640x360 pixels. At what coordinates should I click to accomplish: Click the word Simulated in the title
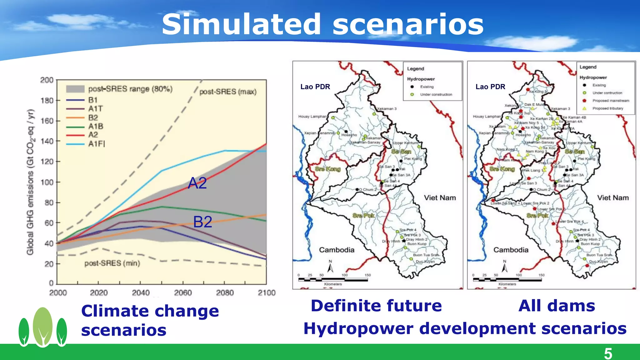pos(241,24)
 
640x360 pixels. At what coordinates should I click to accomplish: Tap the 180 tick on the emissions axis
pos(47,101)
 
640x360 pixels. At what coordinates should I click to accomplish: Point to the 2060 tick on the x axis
pos(183,293)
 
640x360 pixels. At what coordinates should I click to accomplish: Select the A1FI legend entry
pos(97,144)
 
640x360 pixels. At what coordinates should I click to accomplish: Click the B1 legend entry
pos(93,100)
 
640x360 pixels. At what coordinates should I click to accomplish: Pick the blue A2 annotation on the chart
pos(197,183)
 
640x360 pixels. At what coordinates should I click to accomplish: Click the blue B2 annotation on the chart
pos(202,222)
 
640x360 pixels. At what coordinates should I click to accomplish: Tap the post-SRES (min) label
pos(112,263)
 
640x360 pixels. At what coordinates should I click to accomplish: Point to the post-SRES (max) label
pos(228,92)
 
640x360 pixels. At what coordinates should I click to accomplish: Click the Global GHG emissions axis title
pos(30,182)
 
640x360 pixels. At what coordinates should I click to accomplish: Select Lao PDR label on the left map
pos(315,87)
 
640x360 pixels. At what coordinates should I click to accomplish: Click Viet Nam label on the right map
pos(613,198)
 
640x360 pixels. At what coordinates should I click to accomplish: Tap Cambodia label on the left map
pos(337,250)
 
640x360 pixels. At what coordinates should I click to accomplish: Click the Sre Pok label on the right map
pos(537,216)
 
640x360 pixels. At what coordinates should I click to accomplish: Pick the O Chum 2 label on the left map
pos(368,190)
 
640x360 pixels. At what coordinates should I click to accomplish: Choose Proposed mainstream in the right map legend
pos(611,101)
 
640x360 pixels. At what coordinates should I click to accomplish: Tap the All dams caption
pos(557,306)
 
